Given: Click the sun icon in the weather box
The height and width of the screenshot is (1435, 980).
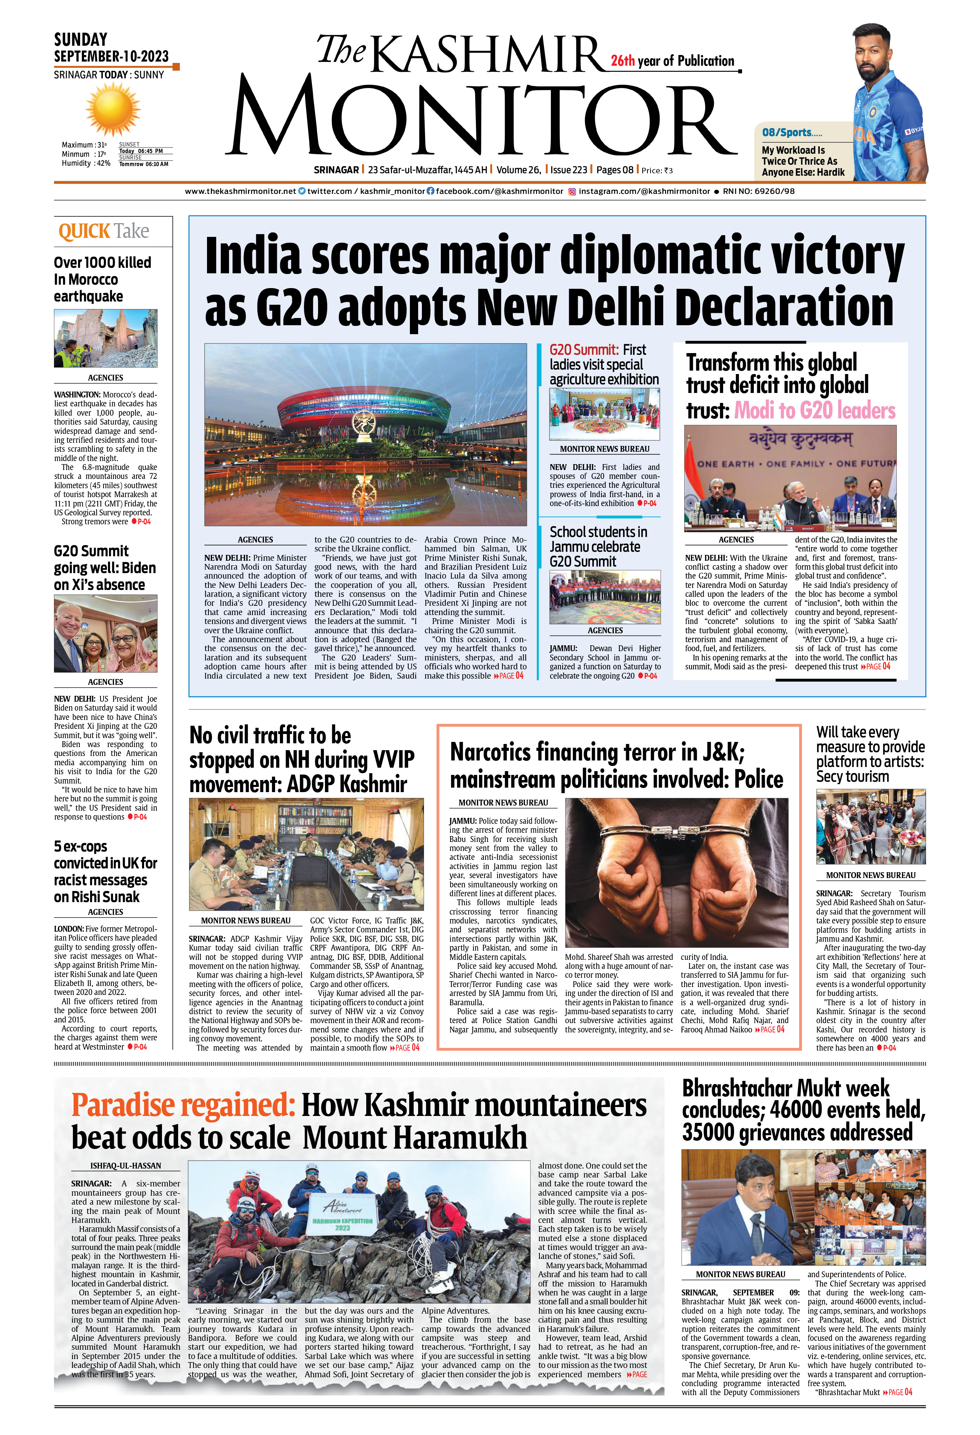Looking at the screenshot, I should point(113,110).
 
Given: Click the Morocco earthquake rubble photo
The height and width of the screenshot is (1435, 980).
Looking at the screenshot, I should point(106,338).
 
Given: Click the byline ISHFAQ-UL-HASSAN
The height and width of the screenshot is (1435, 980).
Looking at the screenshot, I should point(126,1166).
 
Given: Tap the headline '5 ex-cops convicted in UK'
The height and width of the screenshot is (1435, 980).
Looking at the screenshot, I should point(105,871).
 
